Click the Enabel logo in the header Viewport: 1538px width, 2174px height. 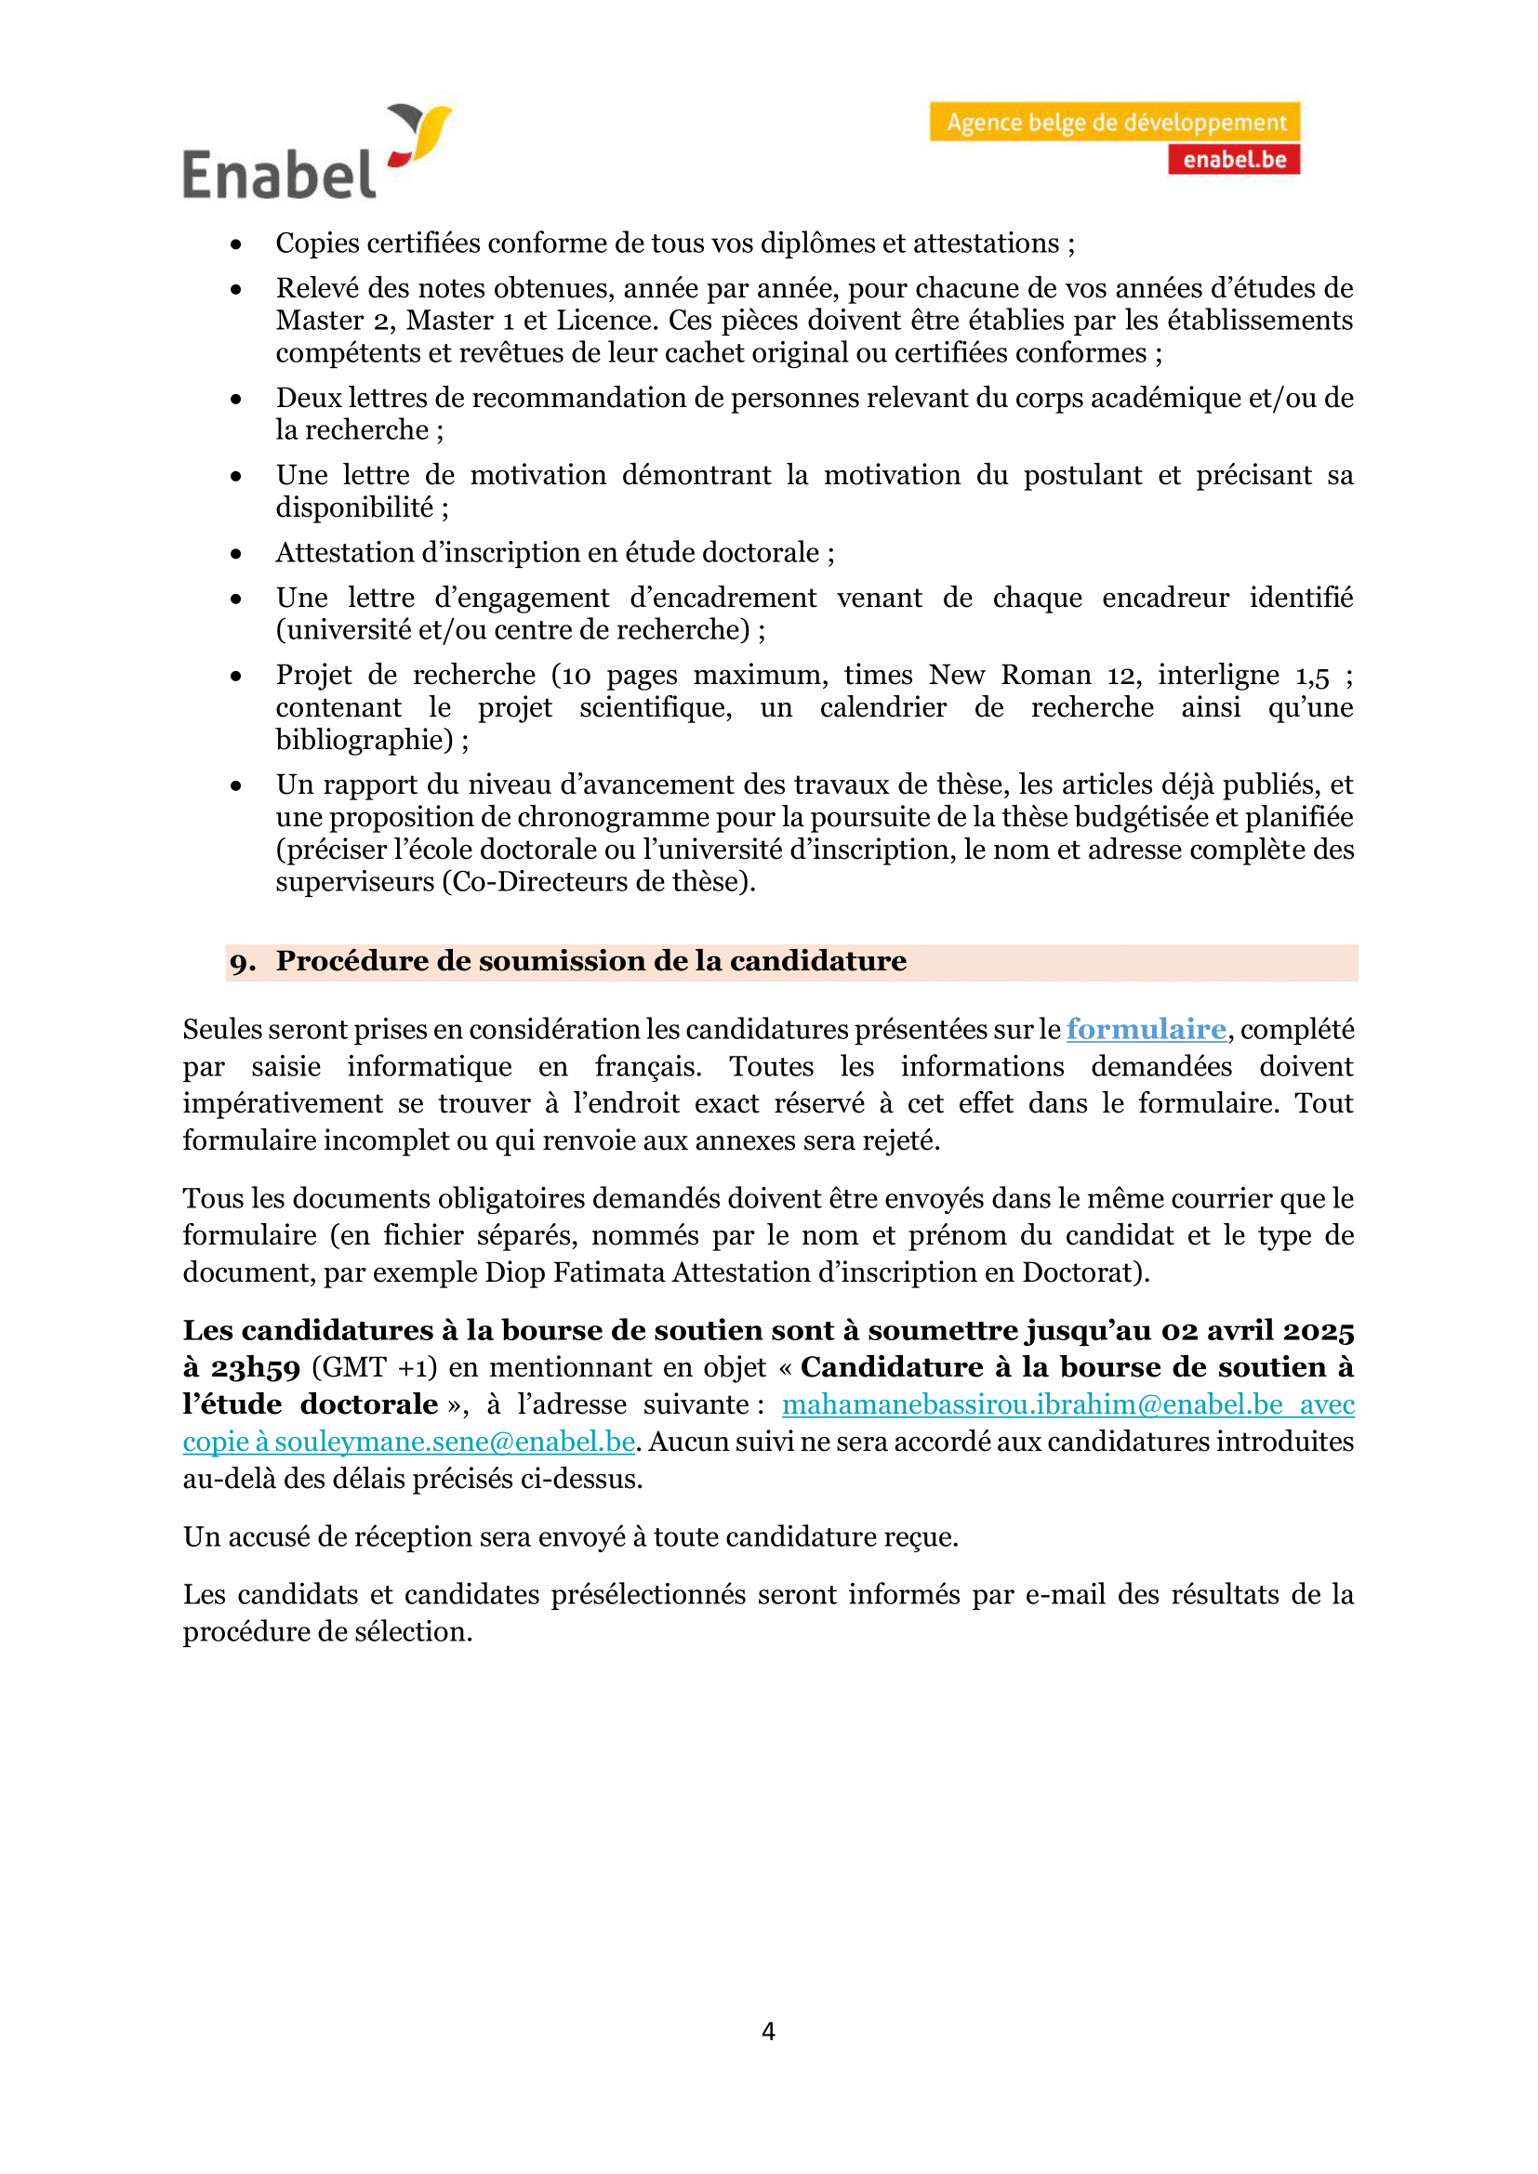pos(316,152)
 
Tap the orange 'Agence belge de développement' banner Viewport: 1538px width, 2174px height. pos(1115,122)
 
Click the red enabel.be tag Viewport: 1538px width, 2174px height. pos(1233,160)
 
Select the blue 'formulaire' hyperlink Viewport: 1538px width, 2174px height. pos(1145,1029)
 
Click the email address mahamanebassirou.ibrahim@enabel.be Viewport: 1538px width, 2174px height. pos(1032,1404)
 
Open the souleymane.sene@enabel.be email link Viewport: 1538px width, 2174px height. pos(455,1442)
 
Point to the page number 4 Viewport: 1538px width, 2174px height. pos(768,2031)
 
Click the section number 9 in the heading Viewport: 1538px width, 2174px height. pos(242,963)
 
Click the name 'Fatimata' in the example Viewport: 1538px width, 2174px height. pos(609,1272)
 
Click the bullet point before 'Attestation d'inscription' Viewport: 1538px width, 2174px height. pos(236,554)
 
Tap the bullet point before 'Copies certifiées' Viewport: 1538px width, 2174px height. pos(236,244)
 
